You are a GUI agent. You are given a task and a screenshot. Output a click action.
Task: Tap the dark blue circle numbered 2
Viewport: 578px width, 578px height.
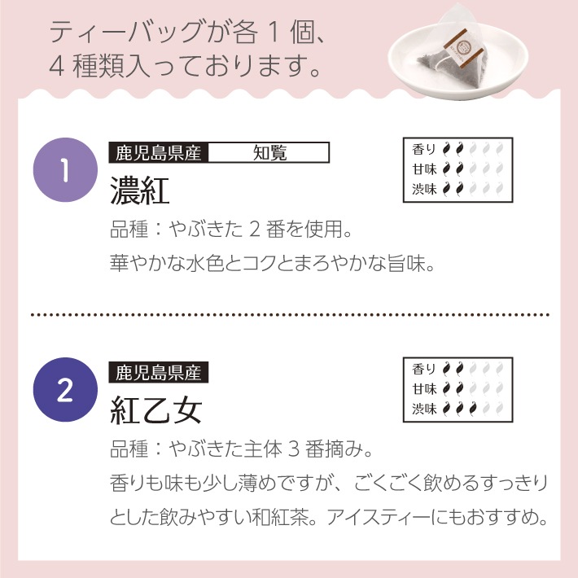(63, 392)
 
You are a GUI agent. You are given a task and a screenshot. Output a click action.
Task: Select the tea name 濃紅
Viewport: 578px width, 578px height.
(139, 191)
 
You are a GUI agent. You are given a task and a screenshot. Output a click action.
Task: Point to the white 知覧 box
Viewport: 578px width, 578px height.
(269, 152)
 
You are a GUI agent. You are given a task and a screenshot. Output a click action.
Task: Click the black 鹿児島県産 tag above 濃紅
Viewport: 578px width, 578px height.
(159, 152)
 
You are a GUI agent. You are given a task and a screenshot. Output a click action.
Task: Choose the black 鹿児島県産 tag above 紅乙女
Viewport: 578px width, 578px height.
(159, 374)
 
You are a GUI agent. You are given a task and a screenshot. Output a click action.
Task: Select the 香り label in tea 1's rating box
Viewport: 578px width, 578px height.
(424, 149)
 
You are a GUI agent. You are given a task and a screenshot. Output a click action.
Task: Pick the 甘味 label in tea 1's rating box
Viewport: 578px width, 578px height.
(424, 169)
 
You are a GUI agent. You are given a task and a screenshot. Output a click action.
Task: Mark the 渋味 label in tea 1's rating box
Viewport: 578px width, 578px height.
(424, 189)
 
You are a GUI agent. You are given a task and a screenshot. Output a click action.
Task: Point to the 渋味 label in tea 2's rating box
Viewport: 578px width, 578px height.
(424, 409)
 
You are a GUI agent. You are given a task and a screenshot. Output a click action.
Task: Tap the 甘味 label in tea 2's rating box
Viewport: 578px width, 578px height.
(424, 389)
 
